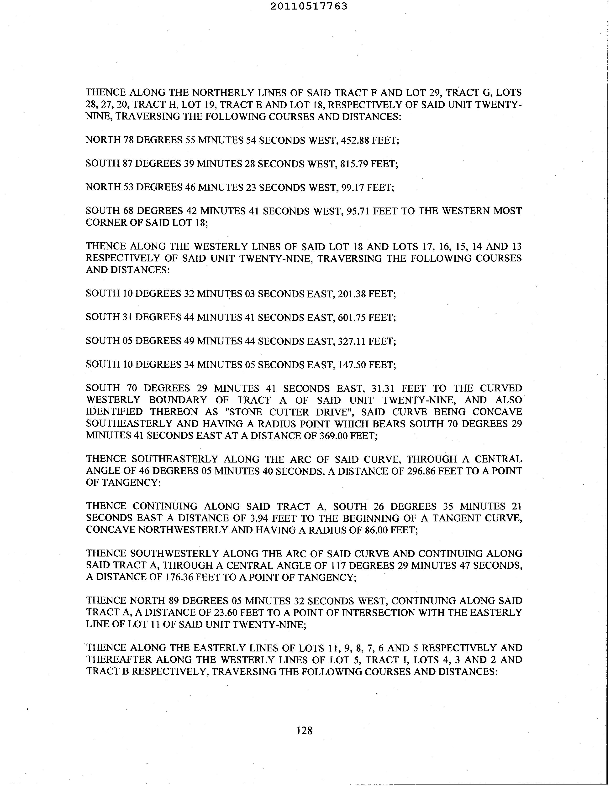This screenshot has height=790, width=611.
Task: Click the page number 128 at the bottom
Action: [304, 731]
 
